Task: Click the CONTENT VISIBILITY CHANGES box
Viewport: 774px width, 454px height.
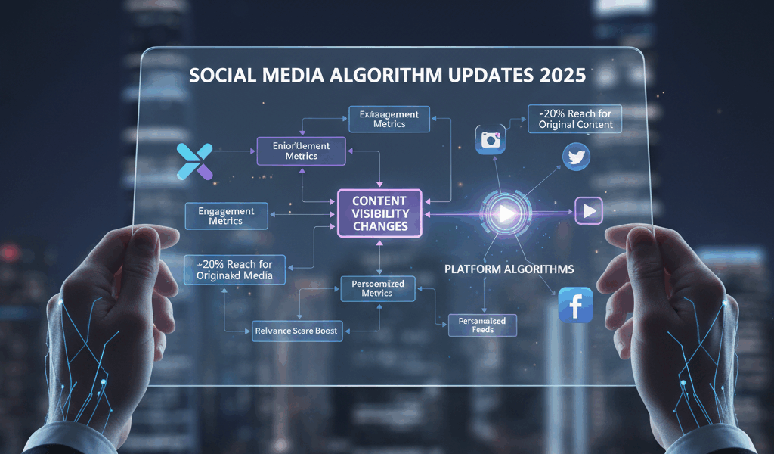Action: coord(379,213)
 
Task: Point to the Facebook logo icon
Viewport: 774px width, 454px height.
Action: coord(574,305)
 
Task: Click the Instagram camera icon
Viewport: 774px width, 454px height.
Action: coord(491,140)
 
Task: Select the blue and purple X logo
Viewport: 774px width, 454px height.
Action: coord(195,161)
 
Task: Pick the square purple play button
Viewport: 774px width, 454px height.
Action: coord(589,210)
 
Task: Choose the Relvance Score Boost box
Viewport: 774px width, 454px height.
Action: coord(297,330)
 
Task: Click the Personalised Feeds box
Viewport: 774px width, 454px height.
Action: coord(482,325)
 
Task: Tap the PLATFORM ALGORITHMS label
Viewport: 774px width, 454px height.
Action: coord(509,269)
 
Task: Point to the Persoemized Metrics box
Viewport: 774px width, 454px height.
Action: coord(378,288)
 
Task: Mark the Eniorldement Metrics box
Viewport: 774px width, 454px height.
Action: coord(302,151)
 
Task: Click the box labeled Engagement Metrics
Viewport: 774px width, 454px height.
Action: coord(226,216)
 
